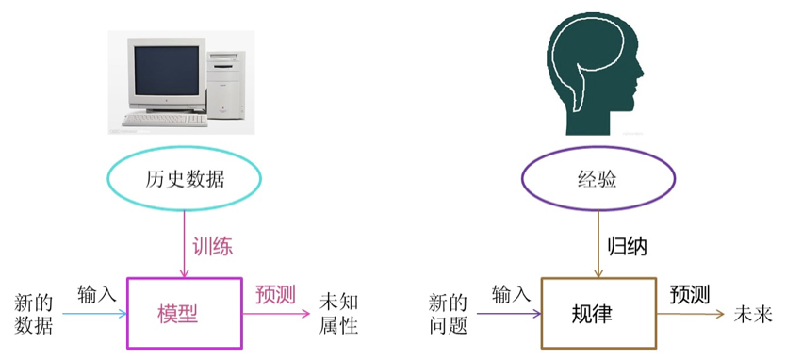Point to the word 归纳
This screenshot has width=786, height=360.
pos(628,247)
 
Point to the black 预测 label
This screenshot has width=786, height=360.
pos(690,294)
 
